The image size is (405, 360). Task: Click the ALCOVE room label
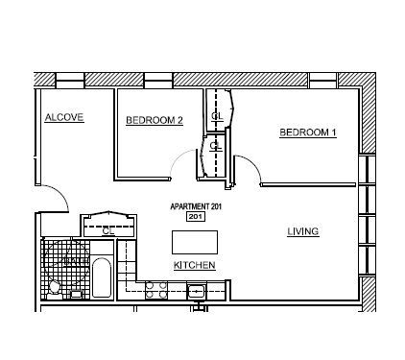[64, 117]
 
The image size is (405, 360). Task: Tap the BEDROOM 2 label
[154, 120]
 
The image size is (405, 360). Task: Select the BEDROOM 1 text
[307, 132]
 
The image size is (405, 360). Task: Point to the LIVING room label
[303, 231]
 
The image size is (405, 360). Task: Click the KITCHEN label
[194, 265]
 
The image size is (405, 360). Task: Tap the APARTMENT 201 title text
[195, 207]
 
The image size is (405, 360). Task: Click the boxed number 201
[195, 218]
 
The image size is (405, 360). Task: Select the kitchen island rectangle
[195, 240]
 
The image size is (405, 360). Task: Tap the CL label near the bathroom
[108, 230]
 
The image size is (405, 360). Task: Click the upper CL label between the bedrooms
[216, 115]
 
